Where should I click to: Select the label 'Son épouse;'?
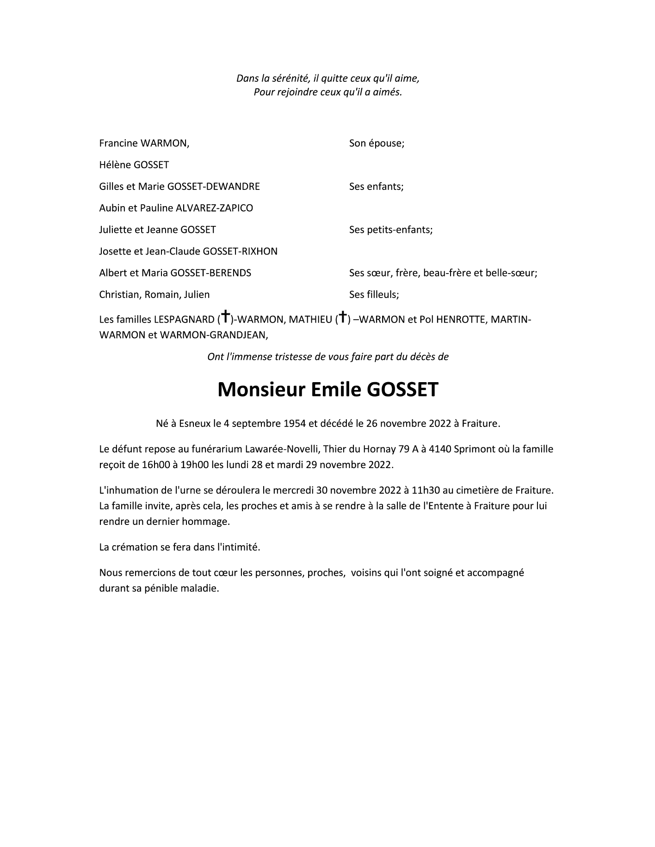tap(377, 143)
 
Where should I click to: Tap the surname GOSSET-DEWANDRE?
tap(213, 187)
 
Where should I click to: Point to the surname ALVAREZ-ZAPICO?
tap(215, 208)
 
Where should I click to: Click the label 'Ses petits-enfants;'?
tap(391, 230)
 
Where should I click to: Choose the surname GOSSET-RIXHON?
tap(240, 251)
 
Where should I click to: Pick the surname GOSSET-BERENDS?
tap(210, 273)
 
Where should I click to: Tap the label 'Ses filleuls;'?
tap(374, 294)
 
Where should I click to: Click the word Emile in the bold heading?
tap(336, 390)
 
